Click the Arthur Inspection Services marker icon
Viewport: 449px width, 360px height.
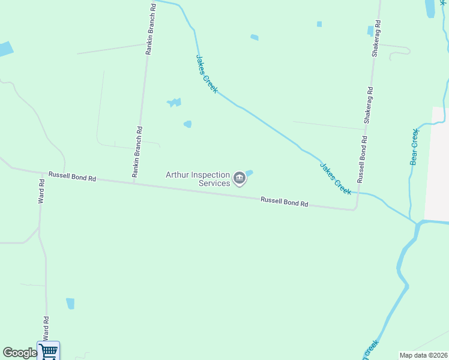[x=240, y=178]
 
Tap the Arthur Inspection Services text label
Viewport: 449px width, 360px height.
[x=199, y=179]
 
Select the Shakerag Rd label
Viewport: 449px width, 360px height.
[x=375, y=38]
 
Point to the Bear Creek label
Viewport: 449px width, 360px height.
[x=414, y=146]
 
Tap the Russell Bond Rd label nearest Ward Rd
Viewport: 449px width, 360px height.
[x=72, y=176]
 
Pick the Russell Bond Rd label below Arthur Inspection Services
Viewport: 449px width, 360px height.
[x=284, y=202]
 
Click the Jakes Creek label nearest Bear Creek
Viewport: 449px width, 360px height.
[x=336, y=179]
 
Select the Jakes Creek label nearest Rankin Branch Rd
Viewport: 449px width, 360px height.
[x=206, y=73]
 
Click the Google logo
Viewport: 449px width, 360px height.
[x=20, y=353]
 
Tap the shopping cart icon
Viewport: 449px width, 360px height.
[x=48, y=350]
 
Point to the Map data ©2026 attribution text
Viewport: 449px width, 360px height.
[x=424, y=355]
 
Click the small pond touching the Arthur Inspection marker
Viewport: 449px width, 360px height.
[x=249, y=173]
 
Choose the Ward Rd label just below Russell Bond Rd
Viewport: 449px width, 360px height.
[x=41, y=191]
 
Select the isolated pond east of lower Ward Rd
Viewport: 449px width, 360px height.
[x=70, y=303]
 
